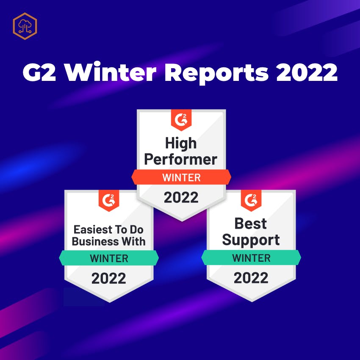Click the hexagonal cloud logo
[25, 26]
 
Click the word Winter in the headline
[110, 72]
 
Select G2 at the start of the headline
[39, 72]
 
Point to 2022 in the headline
[307, 72]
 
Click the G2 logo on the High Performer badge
[181, 120]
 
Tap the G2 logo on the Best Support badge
[251, 200]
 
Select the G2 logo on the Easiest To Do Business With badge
[109, 200]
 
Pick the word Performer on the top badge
[181, 159]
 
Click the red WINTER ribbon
[181, 177]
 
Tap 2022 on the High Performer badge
[181, 197]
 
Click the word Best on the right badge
[250, 223]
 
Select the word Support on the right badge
[251, 241]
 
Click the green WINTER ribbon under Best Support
[251, 258]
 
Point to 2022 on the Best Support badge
[251, 278]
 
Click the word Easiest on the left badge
[93, 230]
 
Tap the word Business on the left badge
[95, 241]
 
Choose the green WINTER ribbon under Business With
[109, 258]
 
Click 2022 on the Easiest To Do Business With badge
[108, 278]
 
